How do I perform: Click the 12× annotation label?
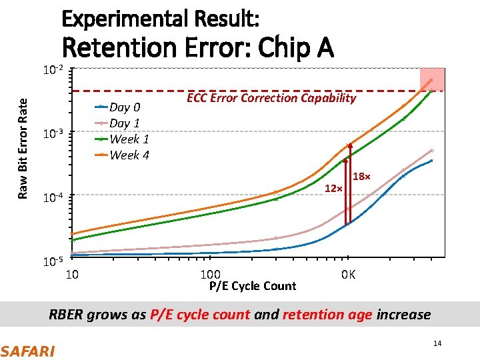click(x=333, y=189)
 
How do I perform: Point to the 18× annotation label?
click(x=361, y=177)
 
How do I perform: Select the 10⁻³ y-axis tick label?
click(x=53, y=133)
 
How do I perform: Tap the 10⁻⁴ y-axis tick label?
click(x=53, y=197)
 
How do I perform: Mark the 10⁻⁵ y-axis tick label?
click(x=53, y=261)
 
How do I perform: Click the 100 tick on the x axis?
click(x=211, y=275)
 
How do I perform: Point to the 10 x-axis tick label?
click(x=73, y=275)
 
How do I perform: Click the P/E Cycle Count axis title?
click(x=252, y=286)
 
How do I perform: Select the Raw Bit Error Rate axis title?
click(x=23, y=148)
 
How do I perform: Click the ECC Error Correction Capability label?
click(x=271, y=98)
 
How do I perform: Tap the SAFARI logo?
click(x=27, y=350)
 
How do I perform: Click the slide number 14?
click(x=437, y=343)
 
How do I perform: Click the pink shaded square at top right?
click(x=431, y=79)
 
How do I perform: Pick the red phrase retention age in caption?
click(x=327, y=315)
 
